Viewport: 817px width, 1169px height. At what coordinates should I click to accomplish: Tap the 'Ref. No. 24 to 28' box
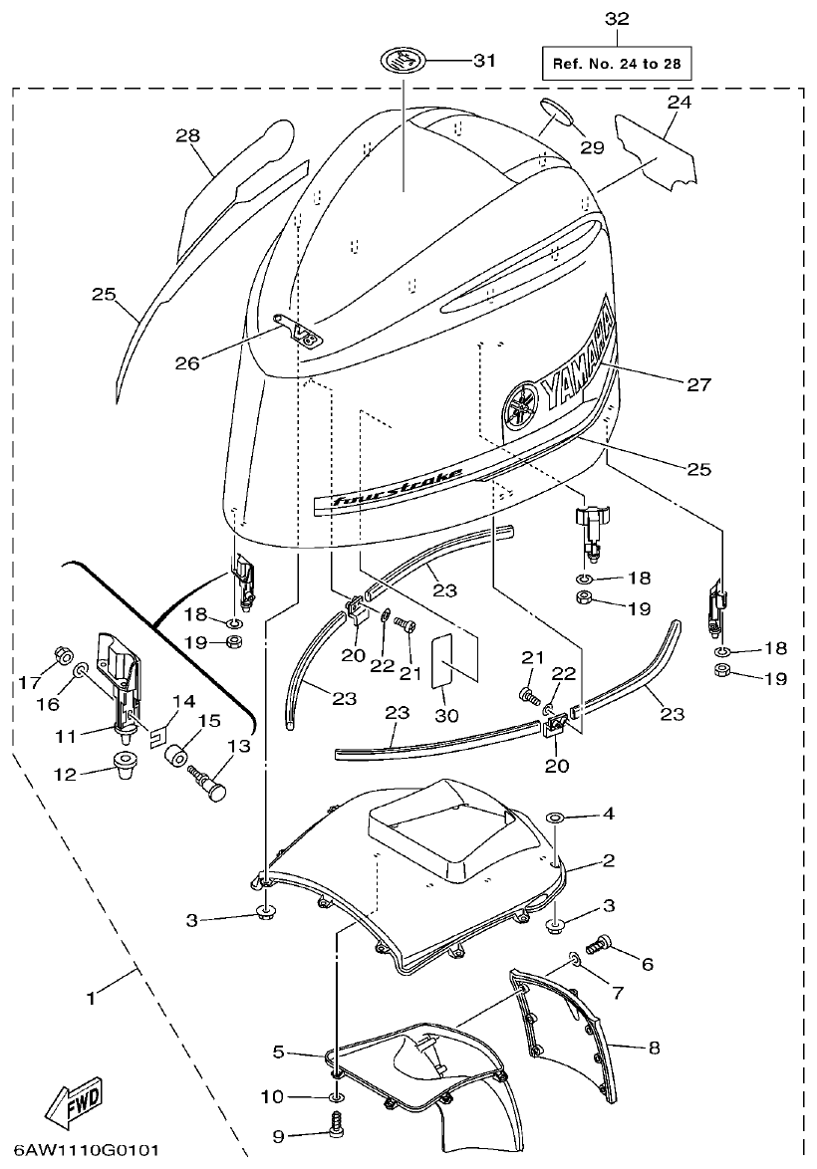click(617, 65)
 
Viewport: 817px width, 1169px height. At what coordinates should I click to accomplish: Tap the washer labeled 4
click(555, 818)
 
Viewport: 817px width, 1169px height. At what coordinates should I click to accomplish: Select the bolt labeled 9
click(337, 1127)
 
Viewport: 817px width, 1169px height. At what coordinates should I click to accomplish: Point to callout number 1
click(92, 996)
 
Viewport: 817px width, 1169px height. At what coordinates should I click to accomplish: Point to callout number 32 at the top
click(617, 18)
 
